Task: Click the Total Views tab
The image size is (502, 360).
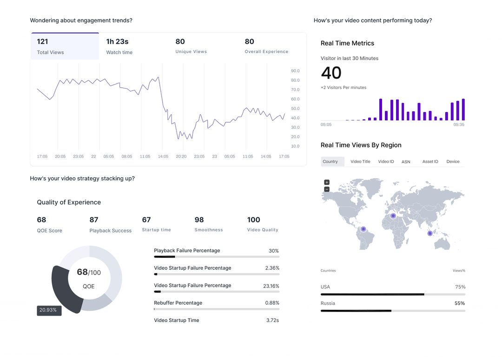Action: click(x=65, y=47)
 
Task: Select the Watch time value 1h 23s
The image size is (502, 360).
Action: click(x=117, y=41)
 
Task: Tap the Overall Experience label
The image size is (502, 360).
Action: click(x=266, y=52)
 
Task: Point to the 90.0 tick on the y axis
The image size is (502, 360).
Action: click(x=295, y=71)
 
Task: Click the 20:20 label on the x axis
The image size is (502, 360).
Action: click(x=181, y=157)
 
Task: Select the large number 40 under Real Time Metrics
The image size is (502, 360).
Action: click(x=331, y=73)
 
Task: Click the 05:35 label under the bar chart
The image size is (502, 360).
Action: click(x=459, y=125)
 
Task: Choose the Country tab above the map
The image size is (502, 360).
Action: click(x=330, y=161)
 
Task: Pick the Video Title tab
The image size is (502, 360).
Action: click(x=360, y=161)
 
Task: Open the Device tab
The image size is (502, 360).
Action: click(x=453, y=161)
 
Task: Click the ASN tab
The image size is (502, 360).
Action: click(x=406, y=162)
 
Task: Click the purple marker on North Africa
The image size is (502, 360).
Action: click(x=393, y=216)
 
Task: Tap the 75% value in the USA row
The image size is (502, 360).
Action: click(x=460, y=287)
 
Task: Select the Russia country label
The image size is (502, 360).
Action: click(x=328, y=303)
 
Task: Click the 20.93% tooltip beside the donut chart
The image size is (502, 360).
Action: click(x=49, y=310)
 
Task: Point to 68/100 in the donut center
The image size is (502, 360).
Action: click(x=88, y=272)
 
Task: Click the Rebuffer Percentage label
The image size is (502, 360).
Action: click(x=178, y=303)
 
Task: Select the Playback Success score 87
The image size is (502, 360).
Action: click(x=94, y=220)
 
